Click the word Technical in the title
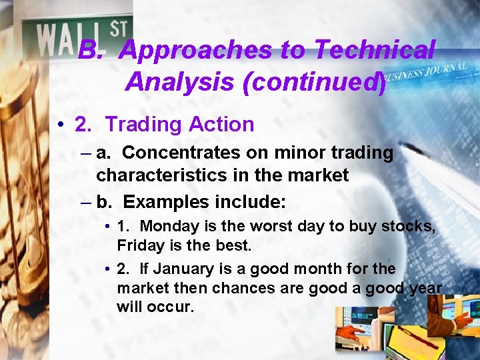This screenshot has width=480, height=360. [374, 50]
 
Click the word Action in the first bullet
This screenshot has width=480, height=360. [221, 125]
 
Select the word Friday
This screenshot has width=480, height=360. [137, 246]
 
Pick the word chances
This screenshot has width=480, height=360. [227, 289]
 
